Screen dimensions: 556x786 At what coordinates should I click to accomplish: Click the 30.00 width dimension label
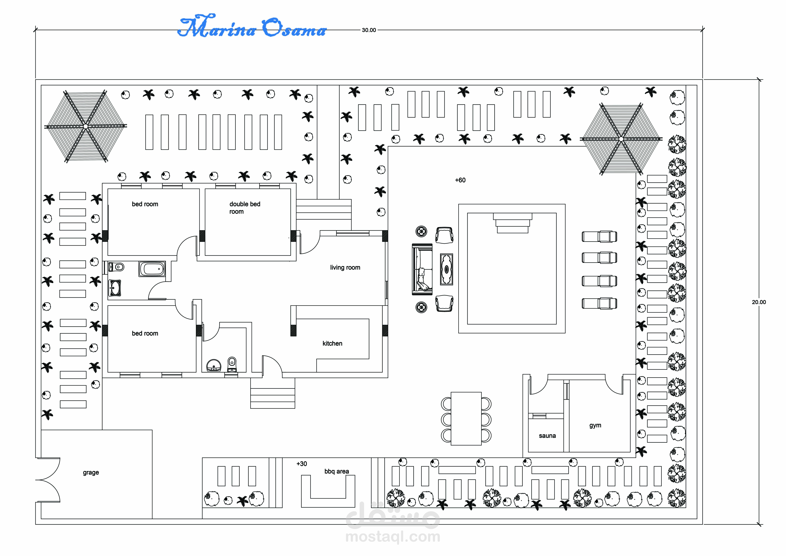point(369,30)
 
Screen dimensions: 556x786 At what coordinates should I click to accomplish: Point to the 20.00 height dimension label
point(759,302)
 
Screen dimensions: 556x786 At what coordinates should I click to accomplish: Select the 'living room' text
point(345,268)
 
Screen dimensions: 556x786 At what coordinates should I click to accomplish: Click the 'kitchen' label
point(332,343)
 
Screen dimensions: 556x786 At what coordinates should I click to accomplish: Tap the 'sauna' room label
point(547,436)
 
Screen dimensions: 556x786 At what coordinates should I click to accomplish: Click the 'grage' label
point(91,472)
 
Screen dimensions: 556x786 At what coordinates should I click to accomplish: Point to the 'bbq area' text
point(337,471)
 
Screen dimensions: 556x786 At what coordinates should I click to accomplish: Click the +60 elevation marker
point(460,180)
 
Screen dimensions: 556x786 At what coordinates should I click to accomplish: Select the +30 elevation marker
point(302,464)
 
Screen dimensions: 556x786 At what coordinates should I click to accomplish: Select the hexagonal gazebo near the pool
point(621,139)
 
